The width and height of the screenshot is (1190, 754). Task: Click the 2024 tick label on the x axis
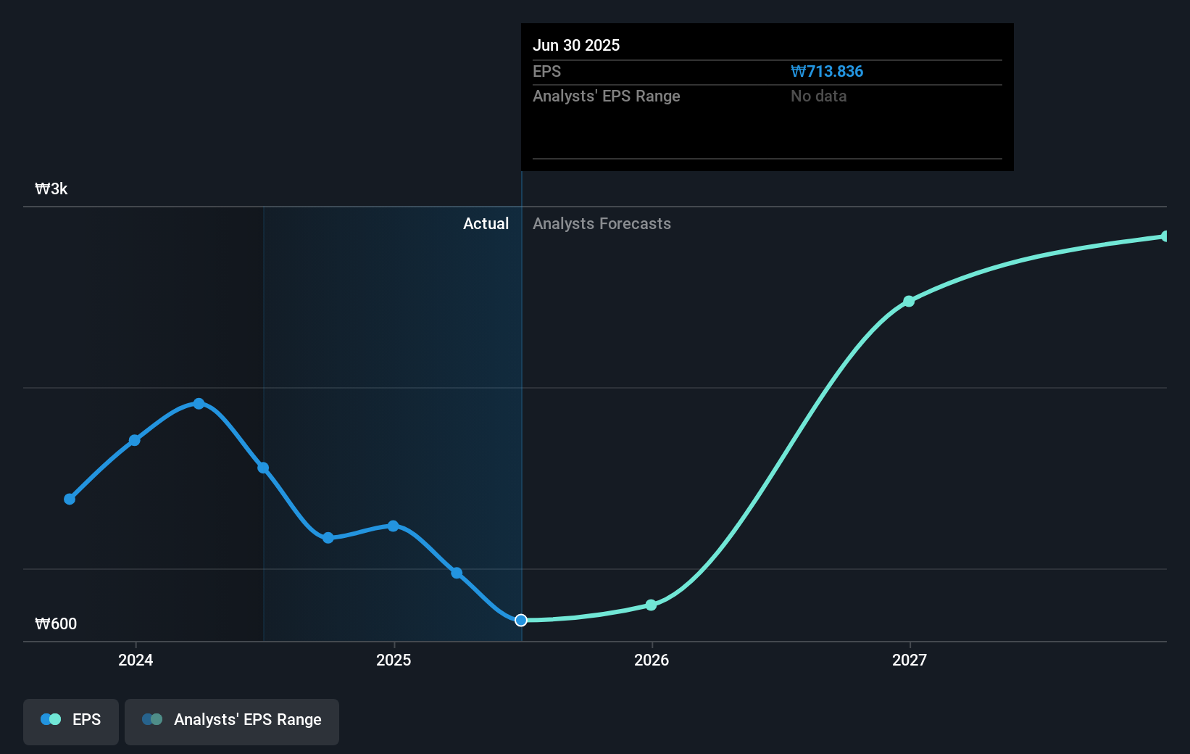tap(136, 660)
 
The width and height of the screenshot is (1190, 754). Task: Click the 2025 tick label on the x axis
tap(394, 660)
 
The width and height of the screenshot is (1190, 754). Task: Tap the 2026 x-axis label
tap(652, 660)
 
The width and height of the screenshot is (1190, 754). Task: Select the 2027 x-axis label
tap(910, 660)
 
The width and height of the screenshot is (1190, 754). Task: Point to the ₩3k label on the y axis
tap(51, 189)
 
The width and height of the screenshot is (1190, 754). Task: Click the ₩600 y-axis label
tap(56, 624)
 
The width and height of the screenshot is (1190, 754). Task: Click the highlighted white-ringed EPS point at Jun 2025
tap(521, 620)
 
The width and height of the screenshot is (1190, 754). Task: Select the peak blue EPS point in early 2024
tap(199, 404)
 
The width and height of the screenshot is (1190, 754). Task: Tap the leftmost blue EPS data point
tap(70, 499)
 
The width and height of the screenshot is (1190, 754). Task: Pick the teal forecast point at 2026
tap(651, 605)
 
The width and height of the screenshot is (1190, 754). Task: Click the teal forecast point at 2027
tap(909, 301)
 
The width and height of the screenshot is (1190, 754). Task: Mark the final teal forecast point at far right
tap(1165, 236)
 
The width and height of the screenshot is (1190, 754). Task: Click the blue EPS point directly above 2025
tap(393, 526)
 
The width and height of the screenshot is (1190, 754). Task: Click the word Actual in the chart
tap(486, 224)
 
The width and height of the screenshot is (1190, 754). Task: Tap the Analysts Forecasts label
tap(602, 224)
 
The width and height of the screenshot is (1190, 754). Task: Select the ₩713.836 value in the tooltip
tap(827, 72)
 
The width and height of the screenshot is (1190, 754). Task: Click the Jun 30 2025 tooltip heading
tap(576, 46)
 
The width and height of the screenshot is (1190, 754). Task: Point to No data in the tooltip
tap(818, 96)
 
